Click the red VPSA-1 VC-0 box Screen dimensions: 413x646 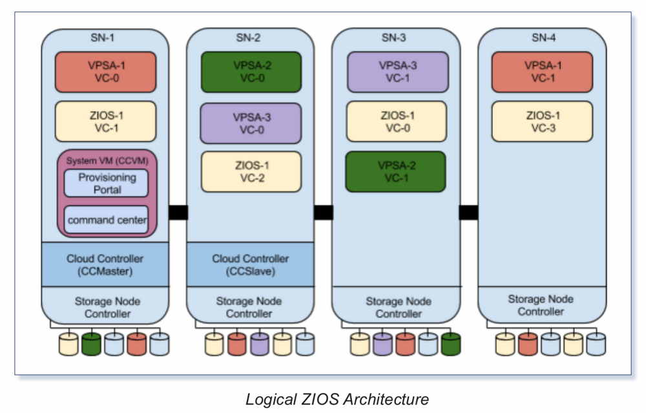point(105,72)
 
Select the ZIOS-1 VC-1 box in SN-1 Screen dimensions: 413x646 point(105,121)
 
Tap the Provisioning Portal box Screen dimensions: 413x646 point(107,183)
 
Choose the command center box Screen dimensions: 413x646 point(107,220)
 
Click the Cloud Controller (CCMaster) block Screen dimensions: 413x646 point(105,264)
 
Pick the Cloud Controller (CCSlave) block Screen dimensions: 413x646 point(251,264)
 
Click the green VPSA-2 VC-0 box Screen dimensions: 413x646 point(251,72)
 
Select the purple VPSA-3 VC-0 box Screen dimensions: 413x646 point(251,123)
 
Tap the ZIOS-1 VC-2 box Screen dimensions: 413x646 point(251,171)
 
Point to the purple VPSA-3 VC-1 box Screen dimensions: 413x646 point(396,72)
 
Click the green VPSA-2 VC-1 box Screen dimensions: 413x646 point(395,171)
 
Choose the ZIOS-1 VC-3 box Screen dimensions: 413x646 point(541,121)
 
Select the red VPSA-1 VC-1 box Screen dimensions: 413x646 point(541,72)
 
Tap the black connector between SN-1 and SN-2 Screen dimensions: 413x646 point(178,212)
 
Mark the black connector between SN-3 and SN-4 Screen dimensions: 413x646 point(468,212)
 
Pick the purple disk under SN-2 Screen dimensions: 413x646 point(260,343)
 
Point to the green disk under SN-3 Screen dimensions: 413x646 point(451,343)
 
